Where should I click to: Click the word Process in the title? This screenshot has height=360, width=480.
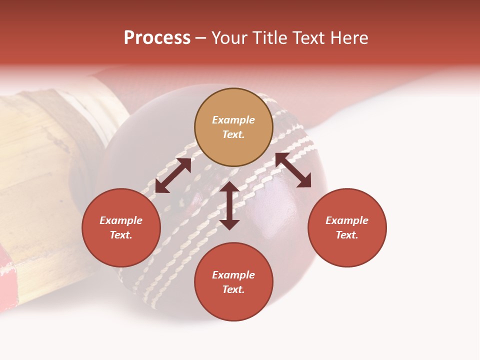point(157,38)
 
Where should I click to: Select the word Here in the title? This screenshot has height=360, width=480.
point(348,38)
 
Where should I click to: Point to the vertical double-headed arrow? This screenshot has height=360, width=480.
point(229,205)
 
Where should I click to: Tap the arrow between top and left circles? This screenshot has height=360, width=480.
point(173,175)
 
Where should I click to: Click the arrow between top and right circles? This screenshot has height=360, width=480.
point(293,170)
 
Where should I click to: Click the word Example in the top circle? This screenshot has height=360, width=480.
point(233,120)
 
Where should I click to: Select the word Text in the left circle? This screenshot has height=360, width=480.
point(121,235)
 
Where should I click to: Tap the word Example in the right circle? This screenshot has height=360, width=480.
point(347,220)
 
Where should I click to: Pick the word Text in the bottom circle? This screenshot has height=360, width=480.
point(233,289)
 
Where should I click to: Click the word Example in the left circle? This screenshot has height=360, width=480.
point(121,220)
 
